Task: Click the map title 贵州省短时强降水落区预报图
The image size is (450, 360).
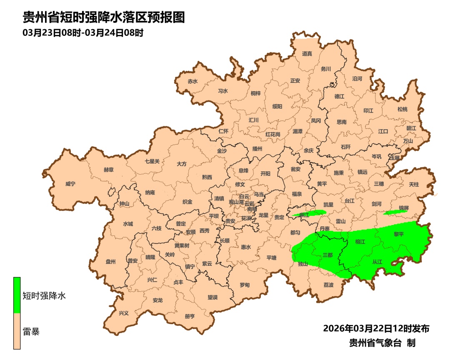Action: coord(103,17)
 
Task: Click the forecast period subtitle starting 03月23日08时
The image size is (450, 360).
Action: coord(83,33)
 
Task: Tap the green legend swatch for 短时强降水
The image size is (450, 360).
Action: coord(17,295)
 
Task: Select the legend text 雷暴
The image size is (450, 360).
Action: coord(31,332)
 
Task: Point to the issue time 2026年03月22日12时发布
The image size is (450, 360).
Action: coord(376,328)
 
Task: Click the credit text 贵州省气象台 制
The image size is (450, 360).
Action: coord(382,343)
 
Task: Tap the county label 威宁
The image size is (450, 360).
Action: coord(70,184)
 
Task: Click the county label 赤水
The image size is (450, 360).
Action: coord(192,82)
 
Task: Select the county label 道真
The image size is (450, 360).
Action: coord(307,54)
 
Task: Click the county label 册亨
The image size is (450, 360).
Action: coord(190,316)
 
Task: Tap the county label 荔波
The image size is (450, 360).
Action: coord(328,285)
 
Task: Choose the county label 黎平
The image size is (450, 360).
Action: coord(399,235)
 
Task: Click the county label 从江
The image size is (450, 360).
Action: coord(377,262)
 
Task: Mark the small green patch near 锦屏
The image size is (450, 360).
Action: coord(395,212)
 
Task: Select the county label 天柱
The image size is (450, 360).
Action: coord(413,184)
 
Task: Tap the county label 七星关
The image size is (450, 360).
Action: coord(152,161)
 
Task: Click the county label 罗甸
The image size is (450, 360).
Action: coord(245,285)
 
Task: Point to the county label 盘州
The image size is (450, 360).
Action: coord(110,262)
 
